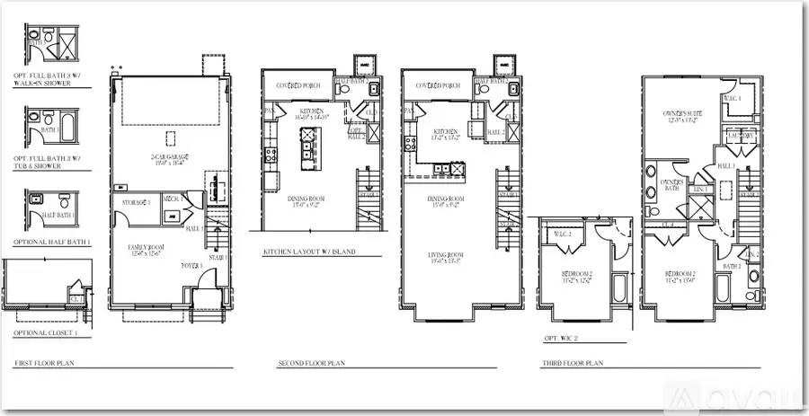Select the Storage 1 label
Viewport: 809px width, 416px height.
click(135, 203)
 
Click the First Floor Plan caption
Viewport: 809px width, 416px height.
click(43, 365)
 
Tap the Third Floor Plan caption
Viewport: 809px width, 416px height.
click(573, 365)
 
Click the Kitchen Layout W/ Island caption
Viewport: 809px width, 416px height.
click(308, 252)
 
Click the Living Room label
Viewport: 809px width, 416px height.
click(445, 259)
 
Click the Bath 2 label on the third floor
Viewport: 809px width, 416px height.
click(731, 267)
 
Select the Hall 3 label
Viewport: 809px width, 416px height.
click(725, 166)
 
